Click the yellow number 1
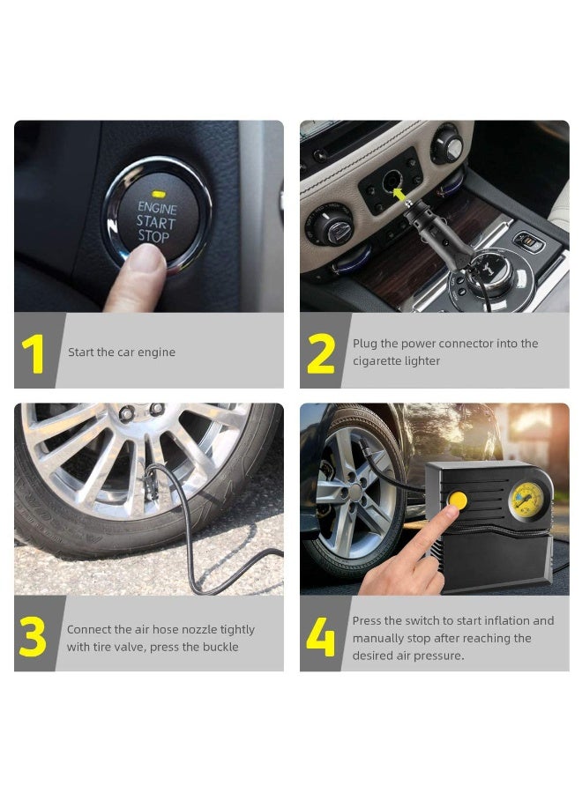34,354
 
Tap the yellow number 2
320,354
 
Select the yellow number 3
33,638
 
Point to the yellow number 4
320,638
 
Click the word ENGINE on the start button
157,209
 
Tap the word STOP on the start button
153,237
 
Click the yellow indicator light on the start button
160,192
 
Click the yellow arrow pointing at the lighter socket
403,189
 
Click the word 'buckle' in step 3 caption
219,647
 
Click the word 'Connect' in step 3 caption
89,630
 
